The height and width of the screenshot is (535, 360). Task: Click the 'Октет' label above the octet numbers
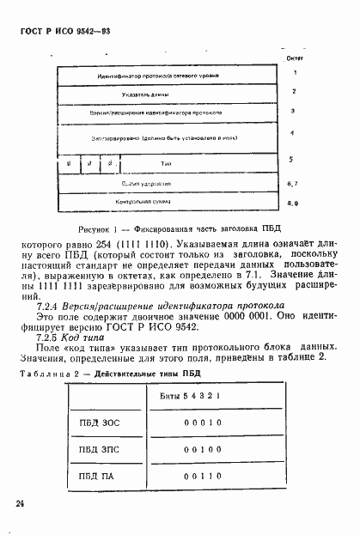293,58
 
